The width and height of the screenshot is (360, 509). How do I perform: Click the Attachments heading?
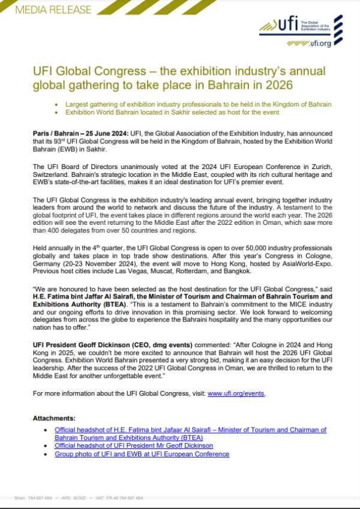[x=55, y=417]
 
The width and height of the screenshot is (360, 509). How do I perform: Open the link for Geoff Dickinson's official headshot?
[x=133, y=446]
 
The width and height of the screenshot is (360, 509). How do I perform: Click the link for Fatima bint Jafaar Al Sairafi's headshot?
[x=190, y=430]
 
